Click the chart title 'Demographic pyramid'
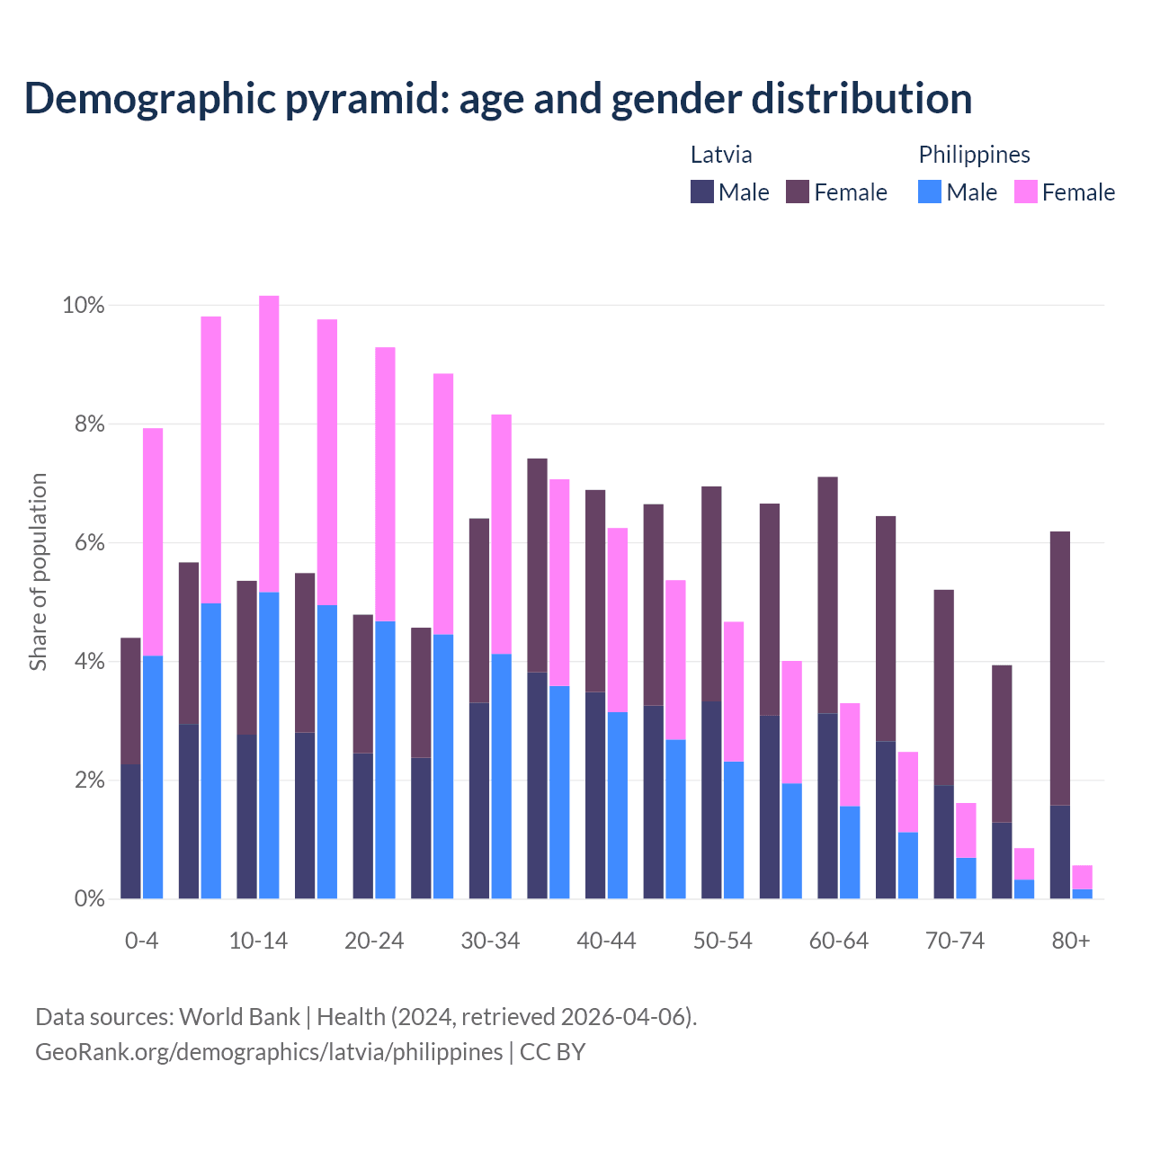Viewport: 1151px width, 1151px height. coord(497,99)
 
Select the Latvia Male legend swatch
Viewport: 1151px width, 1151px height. coord(702,192)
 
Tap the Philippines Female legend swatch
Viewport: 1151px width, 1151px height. coord(1025,192)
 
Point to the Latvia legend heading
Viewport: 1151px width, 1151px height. coord(721,155)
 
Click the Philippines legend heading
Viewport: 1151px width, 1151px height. coord(974,155)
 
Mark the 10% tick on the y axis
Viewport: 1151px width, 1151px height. coord(84,306)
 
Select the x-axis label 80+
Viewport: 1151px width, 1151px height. coord(1071,941)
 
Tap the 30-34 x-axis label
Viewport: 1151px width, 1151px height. coord(490,941)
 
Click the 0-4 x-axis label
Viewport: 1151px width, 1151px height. coord(142,941)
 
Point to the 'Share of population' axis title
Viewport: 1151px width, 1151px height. coord(39,572)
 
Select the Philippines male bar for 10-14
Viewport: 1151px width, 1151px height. coord(269,745)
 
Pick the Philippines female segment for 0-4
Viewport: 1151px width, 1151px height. coord(153,541)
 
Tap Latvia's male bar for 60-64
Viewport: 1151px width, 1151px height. coord(827,806)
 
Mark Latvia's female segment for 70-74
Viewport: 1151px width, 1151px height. coord(944,687)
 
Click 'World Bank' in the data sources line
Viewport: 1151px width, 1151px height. coord(239,1017)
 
